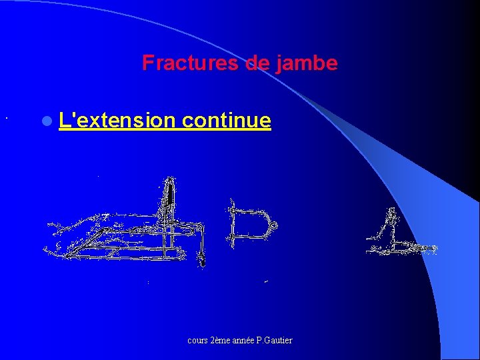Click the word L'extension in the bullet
(117, 121)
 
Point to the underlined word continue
(226, 121)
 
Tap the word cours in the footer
(198, 341)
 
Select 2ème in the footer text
(221, 341)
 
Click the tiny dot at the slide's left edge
(5, 119)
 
